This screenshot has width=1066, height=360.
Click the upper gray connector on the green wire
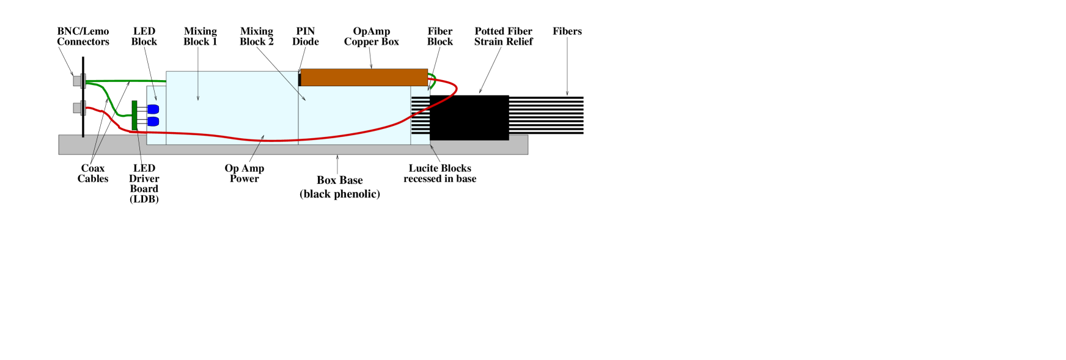(78, 81)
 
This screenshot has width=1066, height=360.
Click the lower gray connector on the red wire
(78, 108)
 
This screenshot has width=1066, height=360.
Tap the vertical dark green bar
(134, 116)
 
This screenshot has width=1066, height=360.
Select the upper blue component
(153, 109)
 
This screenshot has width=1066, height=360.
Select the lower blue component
(153, 122)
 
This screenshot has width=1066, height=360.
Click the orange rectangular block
(364, 78)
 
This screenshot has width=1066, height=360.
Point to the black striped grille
(421, 115)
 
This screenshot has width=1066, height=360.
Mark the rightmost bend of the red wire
(456, 89)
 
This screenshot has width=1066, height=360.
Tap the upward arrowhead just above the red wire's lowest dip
(263, 137)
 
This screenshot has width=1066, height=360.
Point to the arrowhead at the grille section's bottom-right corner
(431, 146)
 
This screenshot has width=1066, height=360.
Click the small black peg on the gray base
(83, 136)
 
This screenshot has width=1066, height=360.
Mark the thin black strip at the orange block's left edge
(300, 78)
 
